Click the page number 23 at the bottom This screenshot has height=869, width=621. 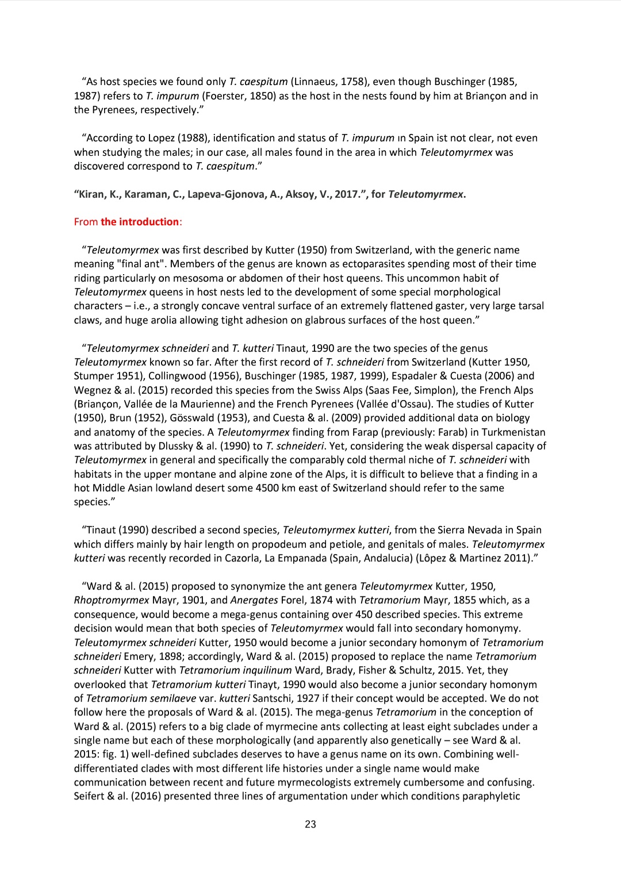(310, 824)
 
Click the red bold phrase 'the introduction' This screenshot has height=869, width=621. (140, 222)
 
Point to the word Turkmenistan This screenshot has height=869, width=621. (513, 432)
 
